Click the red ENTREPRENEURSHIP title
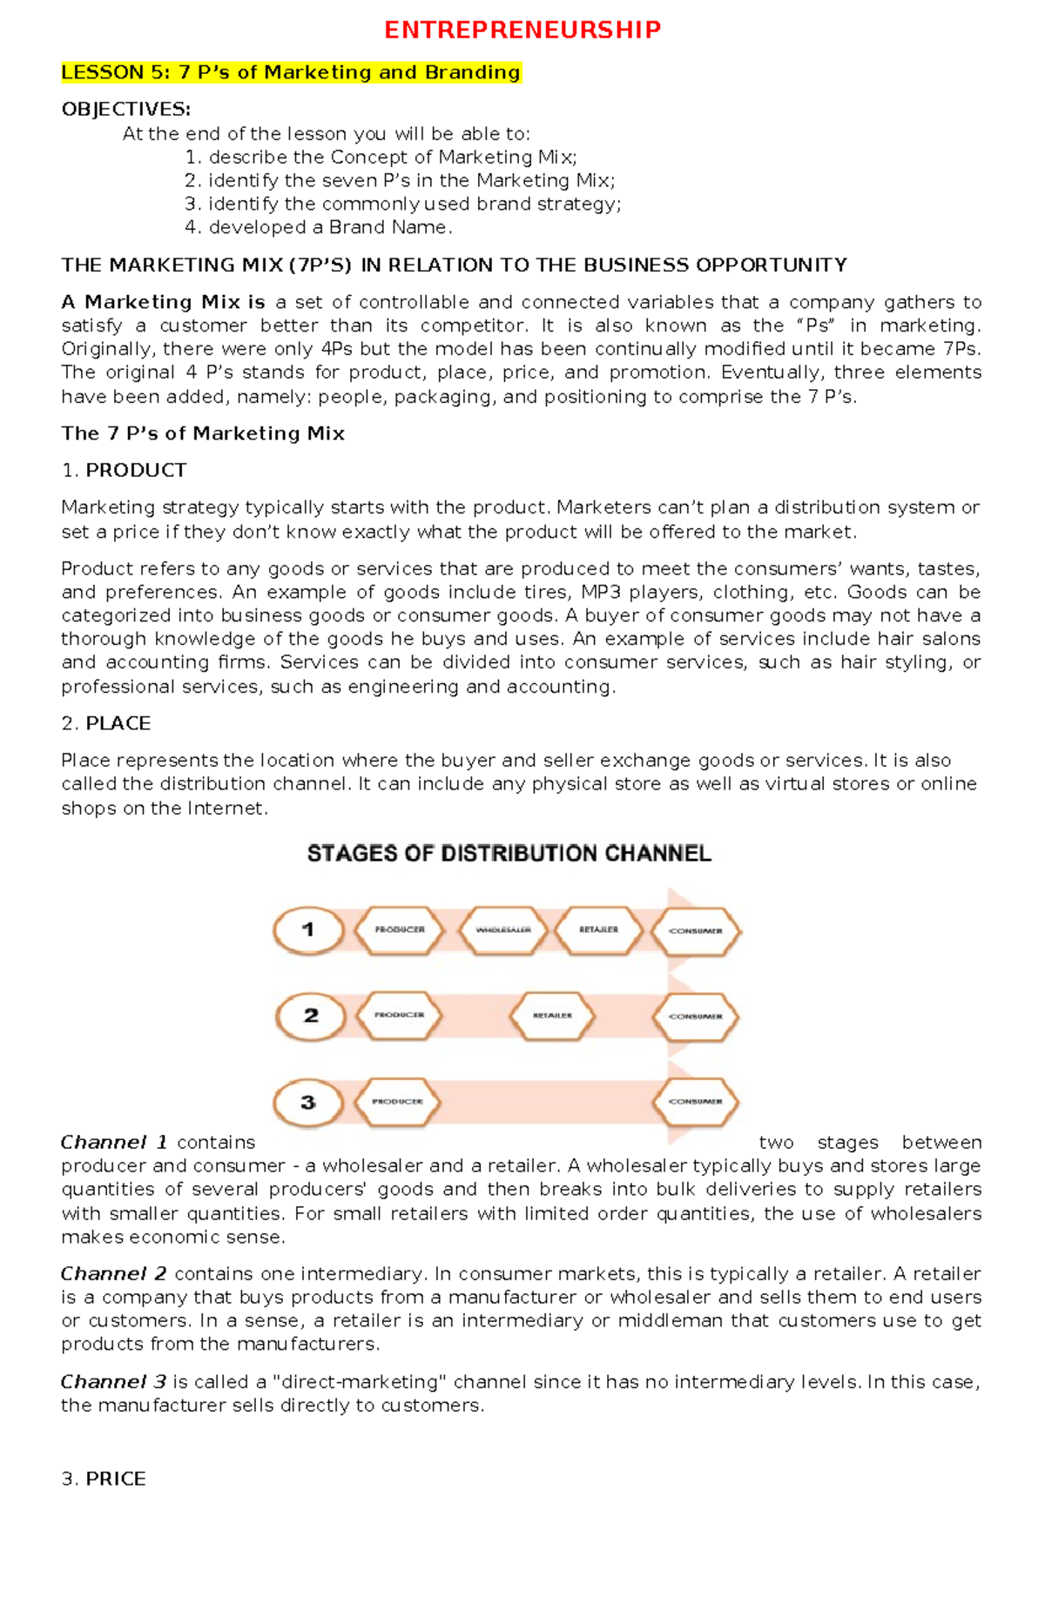coord(522,30)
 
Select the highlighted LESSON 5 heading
coord(291,72)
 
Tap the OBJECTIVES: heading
coord(125,109)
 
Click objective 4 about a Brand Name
coord(319,227)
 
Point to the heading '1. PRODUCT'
coord(124,470)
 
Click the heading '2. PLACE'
coord(106,723)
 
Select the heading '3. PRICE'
coord(104,1479)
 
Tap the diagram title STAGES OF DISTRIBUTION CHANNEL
coord(509,853)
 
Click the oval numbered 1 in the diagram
coord(307,930)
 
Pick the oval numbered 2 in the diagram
coord(311,1016)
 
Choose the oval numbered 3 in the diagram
coord(307,1103)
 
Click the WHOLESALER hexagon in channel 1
coord(502,930)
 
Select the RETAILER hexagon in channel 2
coord(552,1016)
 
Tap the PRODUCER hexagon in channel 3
coord(397,1102)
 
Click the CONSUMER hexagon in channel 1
coord(695,931)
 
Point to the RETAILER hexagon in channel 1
coord(598,930)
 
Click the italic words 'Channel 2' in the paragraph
coord(113,1274)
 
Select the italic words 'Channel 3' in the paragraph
coord(113,1382)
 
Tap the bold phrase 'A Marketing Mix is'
coord(163,302)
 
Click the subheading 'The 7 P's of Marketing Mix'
coord(203,433)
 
